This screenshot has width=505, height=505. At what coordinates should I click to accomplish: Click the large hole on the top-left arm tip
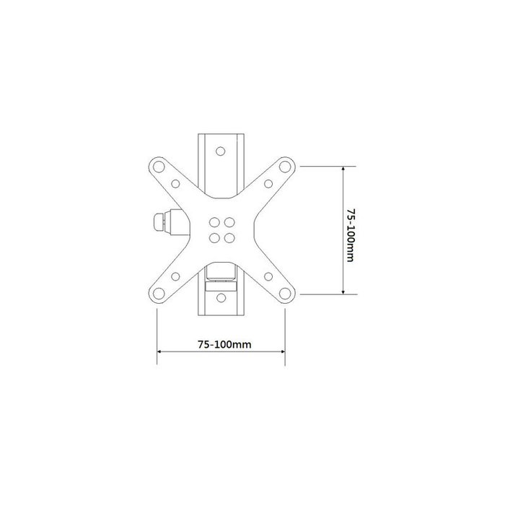[x=159, y=167]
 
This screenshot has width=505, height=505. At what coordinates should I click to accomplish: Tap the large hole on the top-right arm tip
[x=285, y=167]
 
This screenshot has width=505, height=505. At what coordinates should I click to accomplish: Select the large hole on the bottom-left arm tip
[x=159, y=294]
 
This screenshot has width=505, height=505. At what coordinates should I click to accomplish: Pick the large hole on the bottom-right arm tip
[x=285, y=294]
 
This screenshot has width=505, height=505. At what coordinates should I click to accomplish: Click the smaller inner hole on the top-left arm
[x=175, y=184]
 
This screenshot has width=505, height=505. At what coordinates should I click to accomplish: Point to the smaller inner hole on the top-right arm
[x=268, y=183]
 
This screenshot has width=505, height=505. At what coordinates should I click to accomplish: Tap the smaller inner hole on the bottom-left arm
[x=175, y=276]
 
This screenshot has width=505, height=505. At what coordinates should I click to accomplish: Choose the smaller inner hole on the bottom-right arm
[x=268, y=276]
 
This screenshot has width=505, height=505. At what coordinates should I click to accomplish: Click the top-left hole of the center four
[x=214, y=222]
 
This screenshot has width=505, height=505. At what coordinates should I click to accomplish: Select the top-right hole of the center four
[x=229, y=222]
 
